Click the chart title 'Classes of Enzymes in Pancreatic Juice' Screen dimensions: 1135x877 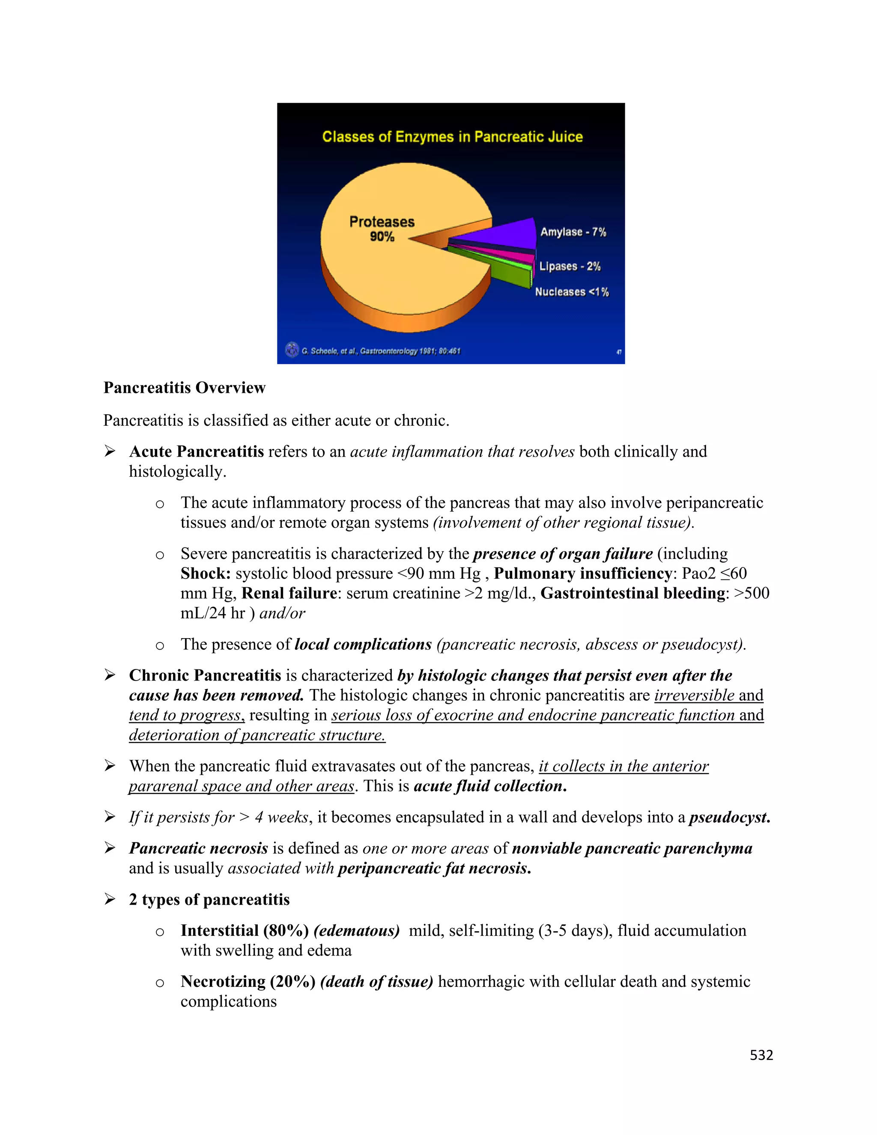pyautogui.click(x=452, y=137)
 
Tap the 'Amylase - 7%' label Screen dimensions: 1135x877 pyautogui.click(x=573, y=232)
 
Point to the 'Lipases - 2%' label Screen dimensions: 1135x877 pyautogui.click(x=570, y=266)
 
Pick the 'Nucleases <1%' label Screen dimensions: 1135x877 pyautogui.click(x=572, y=292)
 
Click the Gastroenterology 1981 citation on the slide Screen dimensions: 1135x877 pyautogui.click(x=381, y=351)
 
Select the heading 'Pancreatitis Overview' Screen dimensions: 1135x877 pyautogui.click(x=185, y=388)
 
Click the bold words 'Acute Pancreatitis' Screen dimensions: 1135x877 pyautogui.click(x=197, y=451)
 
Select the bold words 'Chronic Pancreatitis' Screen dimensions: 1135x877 pyautogui.click(x=205, y=675)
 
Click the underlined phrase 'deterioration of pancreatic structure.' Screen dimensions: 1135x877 pyautogui.click(x=257, y=735)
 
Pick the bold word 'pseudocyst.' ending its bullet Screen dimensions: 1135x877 pyautogui.click(x=729, y=818)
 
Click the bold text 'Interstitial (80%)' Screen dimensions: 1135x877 pyautogui.click(x=245, y=930)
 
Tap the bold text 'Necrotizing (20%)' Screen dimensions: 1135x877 pyautogui.click(x=248, y=981)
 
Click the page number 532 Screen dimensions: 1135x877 pyautogui.click(x=761, y=1055)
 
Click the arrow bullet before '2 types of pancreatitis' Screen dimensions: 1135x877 pyautogui.click(x=110, y=899)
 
